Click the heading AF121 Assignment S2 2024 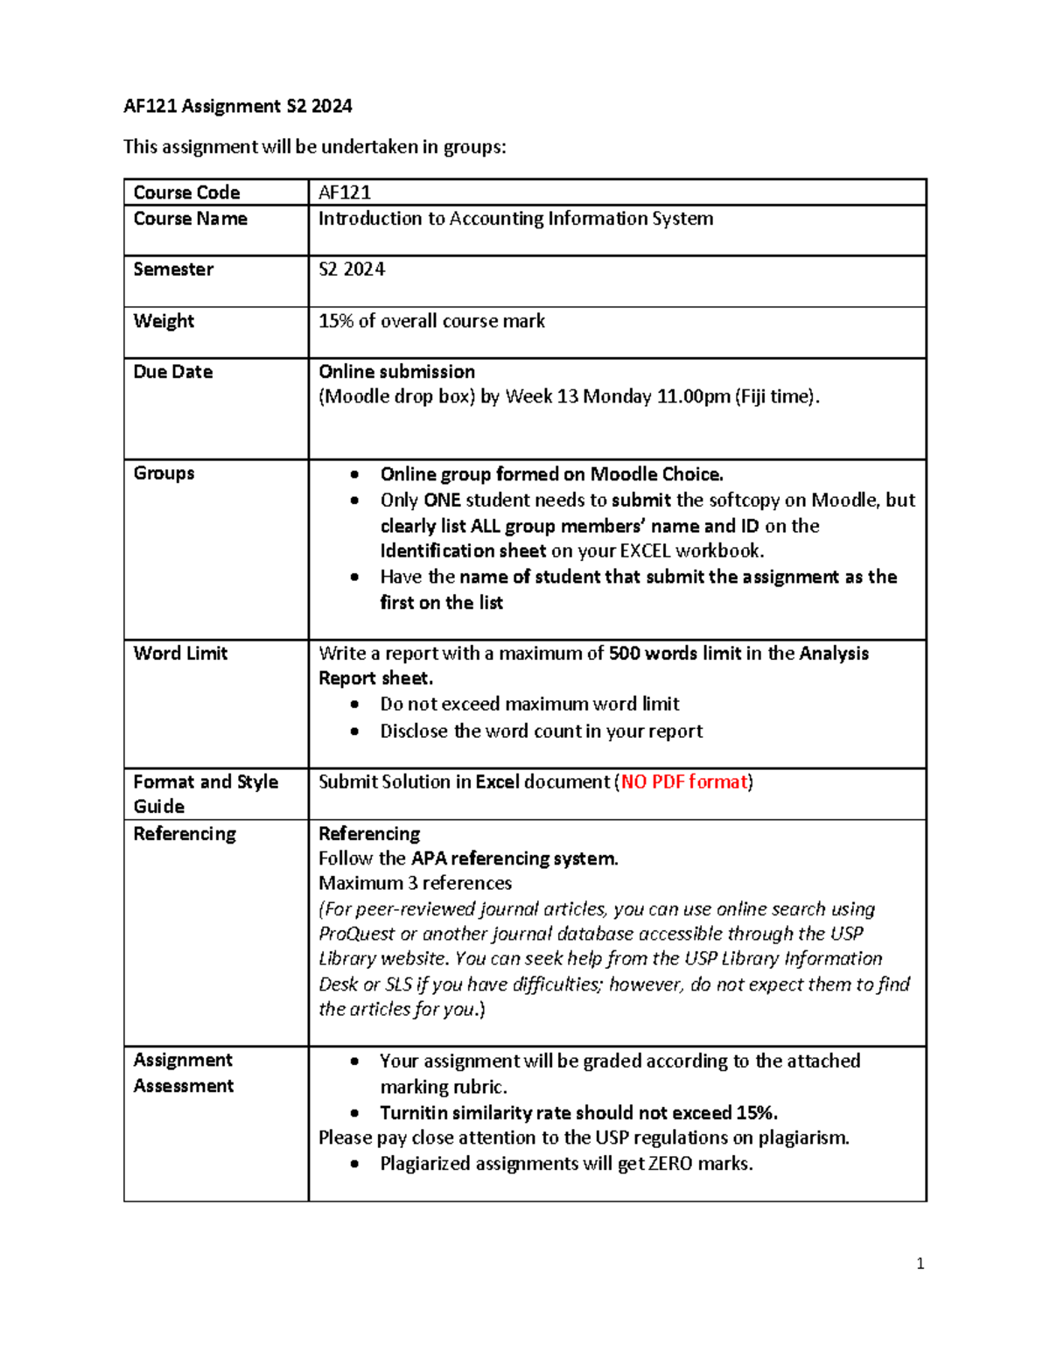[237, 107]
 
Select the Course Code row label [186, 193]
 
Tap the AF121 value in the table [344, 193]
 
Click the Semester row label [173, 270]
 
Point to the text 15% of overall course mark [431, 321]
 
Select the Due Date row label [173, 372]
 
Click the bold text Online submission [396, 372]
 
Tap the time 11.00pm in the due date [693, 396]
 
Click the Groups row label [164, 473]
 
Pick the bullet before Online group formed [354, 474]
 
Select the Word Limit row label [180, 654]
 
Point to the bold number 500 [625, 654]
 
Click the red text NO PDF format [684, 781]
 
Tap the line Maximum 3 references [415, 883]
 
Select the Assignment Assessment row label [183, 1073]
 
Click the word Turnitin [415, 1113]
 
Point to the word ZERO [669, 1164]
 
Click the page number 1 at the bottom [920, 1264]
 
